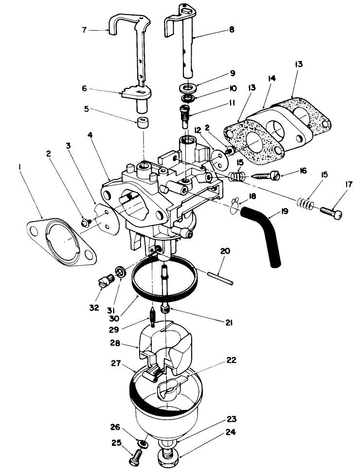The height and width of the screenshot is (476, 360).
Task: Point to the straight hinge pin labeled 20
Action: point(220,278)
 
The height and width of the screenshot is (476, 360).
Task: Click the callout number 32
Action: point(93,308)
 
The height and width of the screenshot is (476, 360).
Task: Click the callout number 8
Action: point(231,29)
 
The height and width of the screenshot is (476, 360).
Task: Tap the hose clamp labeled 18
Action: point(236,206)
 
